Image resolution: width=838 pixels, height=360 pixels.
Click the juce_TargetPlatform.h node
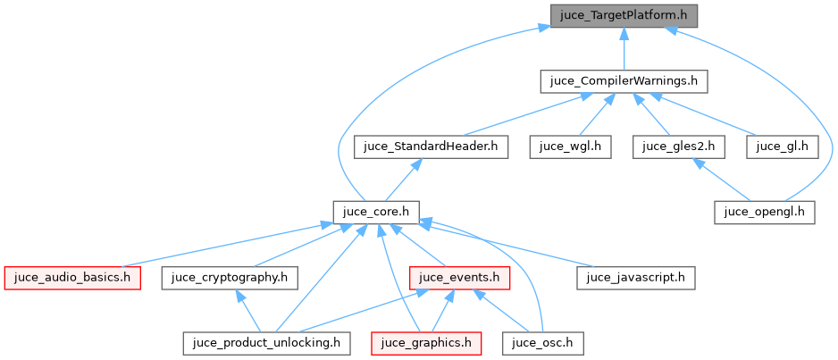pos(624,15)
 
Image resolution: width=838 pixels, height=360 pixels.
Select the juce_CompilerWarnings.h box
pos(624,81)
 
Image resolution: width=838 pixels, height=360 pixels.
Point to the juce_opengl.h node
pos(765,212)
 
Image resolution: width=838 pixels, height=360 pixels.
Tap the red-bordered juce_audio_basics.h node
pos(71,277)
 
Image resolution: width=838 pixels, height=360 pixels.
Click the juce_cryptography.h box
pos(229,277)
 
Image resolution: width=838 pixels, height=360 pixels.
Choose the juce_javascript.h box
pos(635,277)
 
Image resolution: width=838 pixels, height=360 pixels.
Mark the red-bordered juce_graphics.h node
pos(427,342)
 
